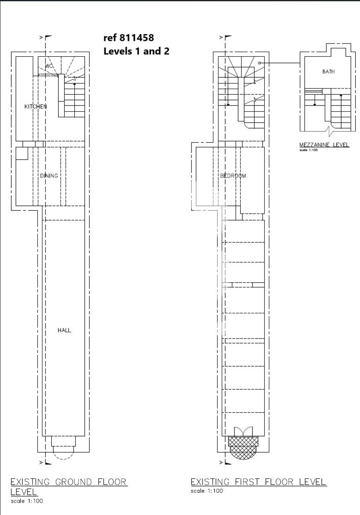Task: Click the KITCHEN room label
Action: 36,106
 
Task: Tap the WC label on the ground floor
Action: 49,66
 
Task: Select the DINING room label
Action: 49,176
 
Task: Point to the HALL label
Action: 64,331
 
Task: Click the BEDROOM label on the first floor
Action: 233,176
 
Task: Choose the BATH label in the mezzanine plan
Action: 328,72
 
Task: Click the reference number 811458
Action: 137,38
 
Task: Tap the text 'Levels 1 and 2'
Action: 137,51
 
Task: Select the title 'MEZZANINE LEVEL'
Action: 324,145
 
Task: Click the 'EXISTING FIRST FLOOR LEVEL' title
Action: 258,482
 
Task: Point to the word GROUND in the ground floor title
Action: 74,482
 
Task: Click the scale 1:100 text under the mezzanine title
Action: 308,150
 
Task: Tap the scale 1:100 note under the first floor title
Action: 207,491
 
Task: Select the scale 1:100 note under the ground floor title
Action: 26,501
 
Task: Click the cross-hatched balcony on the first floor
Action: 243,448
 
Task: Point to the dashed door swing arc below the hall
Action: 63,458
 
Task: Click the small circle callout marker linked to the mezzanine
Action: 259,63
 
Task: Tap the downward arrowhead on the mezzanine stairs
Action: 315,105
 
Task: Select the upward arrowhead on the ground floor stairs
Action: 74,84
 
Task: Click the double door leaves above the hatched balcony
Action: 243,432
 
